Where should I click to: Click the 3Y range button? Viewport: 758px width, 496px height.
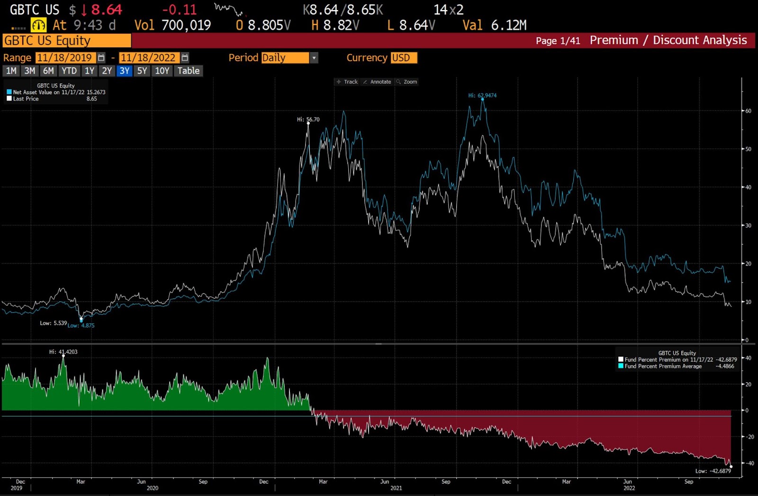[x=124, y=71]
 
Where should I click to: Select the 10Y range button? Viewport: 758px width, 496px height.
[x=162, y=71]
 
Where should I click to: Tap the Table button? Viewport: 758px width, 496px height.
[x=189, y=71]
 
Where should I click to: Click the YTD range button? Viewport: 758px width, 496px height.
[x=69, y=71]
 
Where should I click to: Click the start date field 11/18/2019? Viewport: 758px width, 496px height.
[x=65, y=58]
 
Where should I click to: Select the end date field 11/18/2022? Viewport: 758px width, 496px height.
[x=149, y=58]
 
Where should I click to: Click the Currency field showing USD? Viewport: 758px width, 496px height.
[x=404, y=58]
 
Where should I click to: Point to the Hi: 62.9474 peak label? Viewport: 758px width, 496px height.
[x=482, y=95]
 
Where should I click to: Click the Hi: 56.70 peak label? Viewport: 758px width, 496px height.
[x=308, y=119]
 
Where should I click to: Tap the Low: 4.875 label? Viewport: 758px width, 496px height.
[x=81, y=326]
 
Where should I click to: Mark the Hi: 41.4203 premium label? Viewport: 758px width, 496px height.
[x=63, y=352]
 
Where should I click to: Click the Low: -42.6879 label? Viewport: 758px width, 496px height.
[x=713, y=471]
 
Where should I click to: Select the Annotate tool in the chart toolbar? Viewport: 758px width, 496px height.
[x=377, y=82]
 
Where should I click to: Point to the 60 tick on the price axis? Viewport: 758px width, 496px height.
[x=748, y=111]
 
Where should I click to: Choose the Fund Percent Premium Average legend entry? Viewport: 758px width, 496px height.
[x=663, y=367]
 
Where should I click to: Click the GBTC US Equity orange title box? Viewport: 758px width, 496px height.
[x=66, y=41]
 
